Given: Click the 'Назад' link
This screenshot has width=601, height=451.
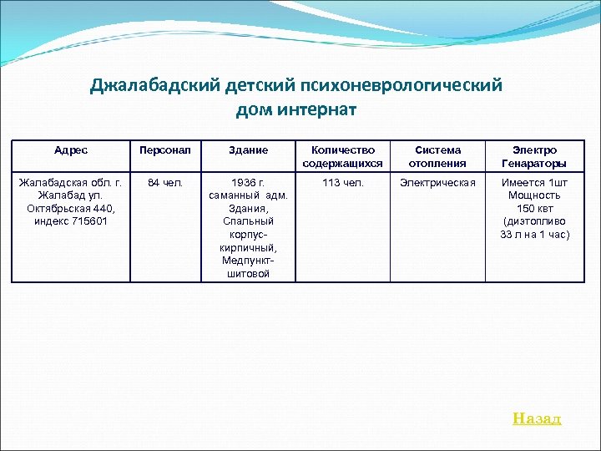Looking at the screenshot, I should [537, 418].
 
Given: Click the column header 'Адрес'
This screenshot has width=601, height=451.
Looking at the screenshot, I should [71, 150].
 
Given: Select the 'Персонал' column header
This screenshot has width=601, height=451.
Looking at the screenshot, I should [165, 150].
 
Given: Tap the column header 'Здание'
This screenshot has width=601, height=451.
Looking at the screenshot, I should [248, 150].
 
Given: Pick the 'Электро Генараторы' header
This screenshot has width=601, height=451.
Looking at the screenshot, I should [534, 156].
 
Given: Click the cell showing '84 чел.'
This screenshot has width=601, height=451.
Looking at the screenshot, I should [165, 182].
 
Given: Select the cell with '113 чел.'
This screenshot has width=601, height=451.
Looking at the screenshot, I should [342, 182].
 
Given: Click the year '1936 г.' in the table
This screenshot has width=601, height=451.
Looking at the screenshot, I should [248, 182].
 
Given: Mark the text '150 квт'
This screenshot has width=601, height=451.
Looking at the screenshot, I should [534, 208].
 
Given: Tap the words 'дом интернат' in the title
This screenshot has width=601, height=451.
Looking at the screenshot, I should [296, 109].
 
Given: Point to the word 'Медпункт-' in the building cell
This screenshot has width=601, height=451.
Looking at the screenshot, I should [248, 261].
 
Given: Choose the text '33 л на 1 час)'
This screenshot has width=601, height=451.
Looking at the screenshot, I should [534, 235].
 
